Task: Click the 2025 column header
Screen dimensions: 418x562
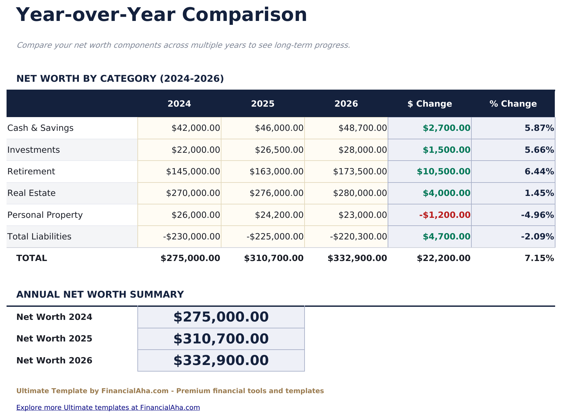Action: (263, 104)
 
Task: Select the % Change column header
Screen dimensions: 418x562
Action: (513, 104)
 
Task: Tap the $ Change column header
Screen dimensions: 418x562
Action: (430, 104)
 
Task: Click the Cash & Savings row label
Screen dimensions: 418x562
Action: (40, 128)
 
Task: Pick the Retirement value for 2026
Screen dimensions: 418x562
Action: (360, 171)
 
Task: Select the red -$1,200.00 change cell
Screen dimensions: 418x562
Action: (445, 215)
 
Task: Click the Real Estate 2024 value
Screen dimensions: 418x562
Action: (193, 193)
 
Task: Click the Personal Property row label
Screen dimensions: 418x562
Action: (45, 215)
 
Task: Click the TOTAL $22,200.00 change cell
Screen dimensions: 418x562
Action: (443, 258)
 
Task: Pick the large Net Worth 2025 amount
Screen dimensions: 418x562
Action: (221, 339)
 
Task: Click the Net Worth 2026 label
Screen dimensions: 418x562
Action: (54, 360)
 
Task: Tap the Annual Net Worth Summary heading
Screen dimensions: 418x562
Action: (100, 294)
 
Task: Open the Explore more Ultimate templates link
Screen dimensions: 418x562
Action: (108, 408)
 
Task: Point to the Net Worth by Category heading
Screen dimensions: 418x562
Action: (120, 78)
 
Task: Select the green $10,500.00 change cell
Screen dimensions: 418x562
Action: (443, 171)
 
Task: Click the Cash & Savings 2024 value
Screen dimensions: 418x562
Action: (196, 128)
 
